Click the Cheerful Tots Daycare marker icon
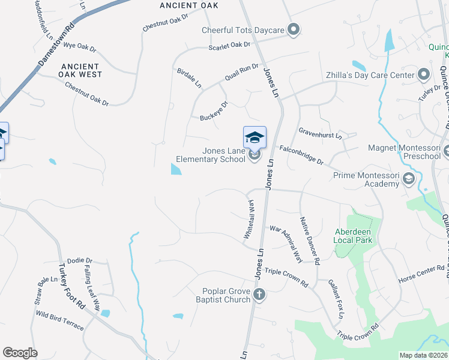click(x=294, y=29)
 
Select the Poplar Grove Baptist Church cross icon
click(x=259, y=295)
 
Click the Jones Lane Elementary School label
click(x=211, y=155)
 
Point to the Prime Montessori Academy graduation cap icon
click(x=409, y=179)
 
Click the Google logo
click(x=20, y=353)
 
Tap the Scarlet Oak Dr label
click(x=229, y=46)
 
